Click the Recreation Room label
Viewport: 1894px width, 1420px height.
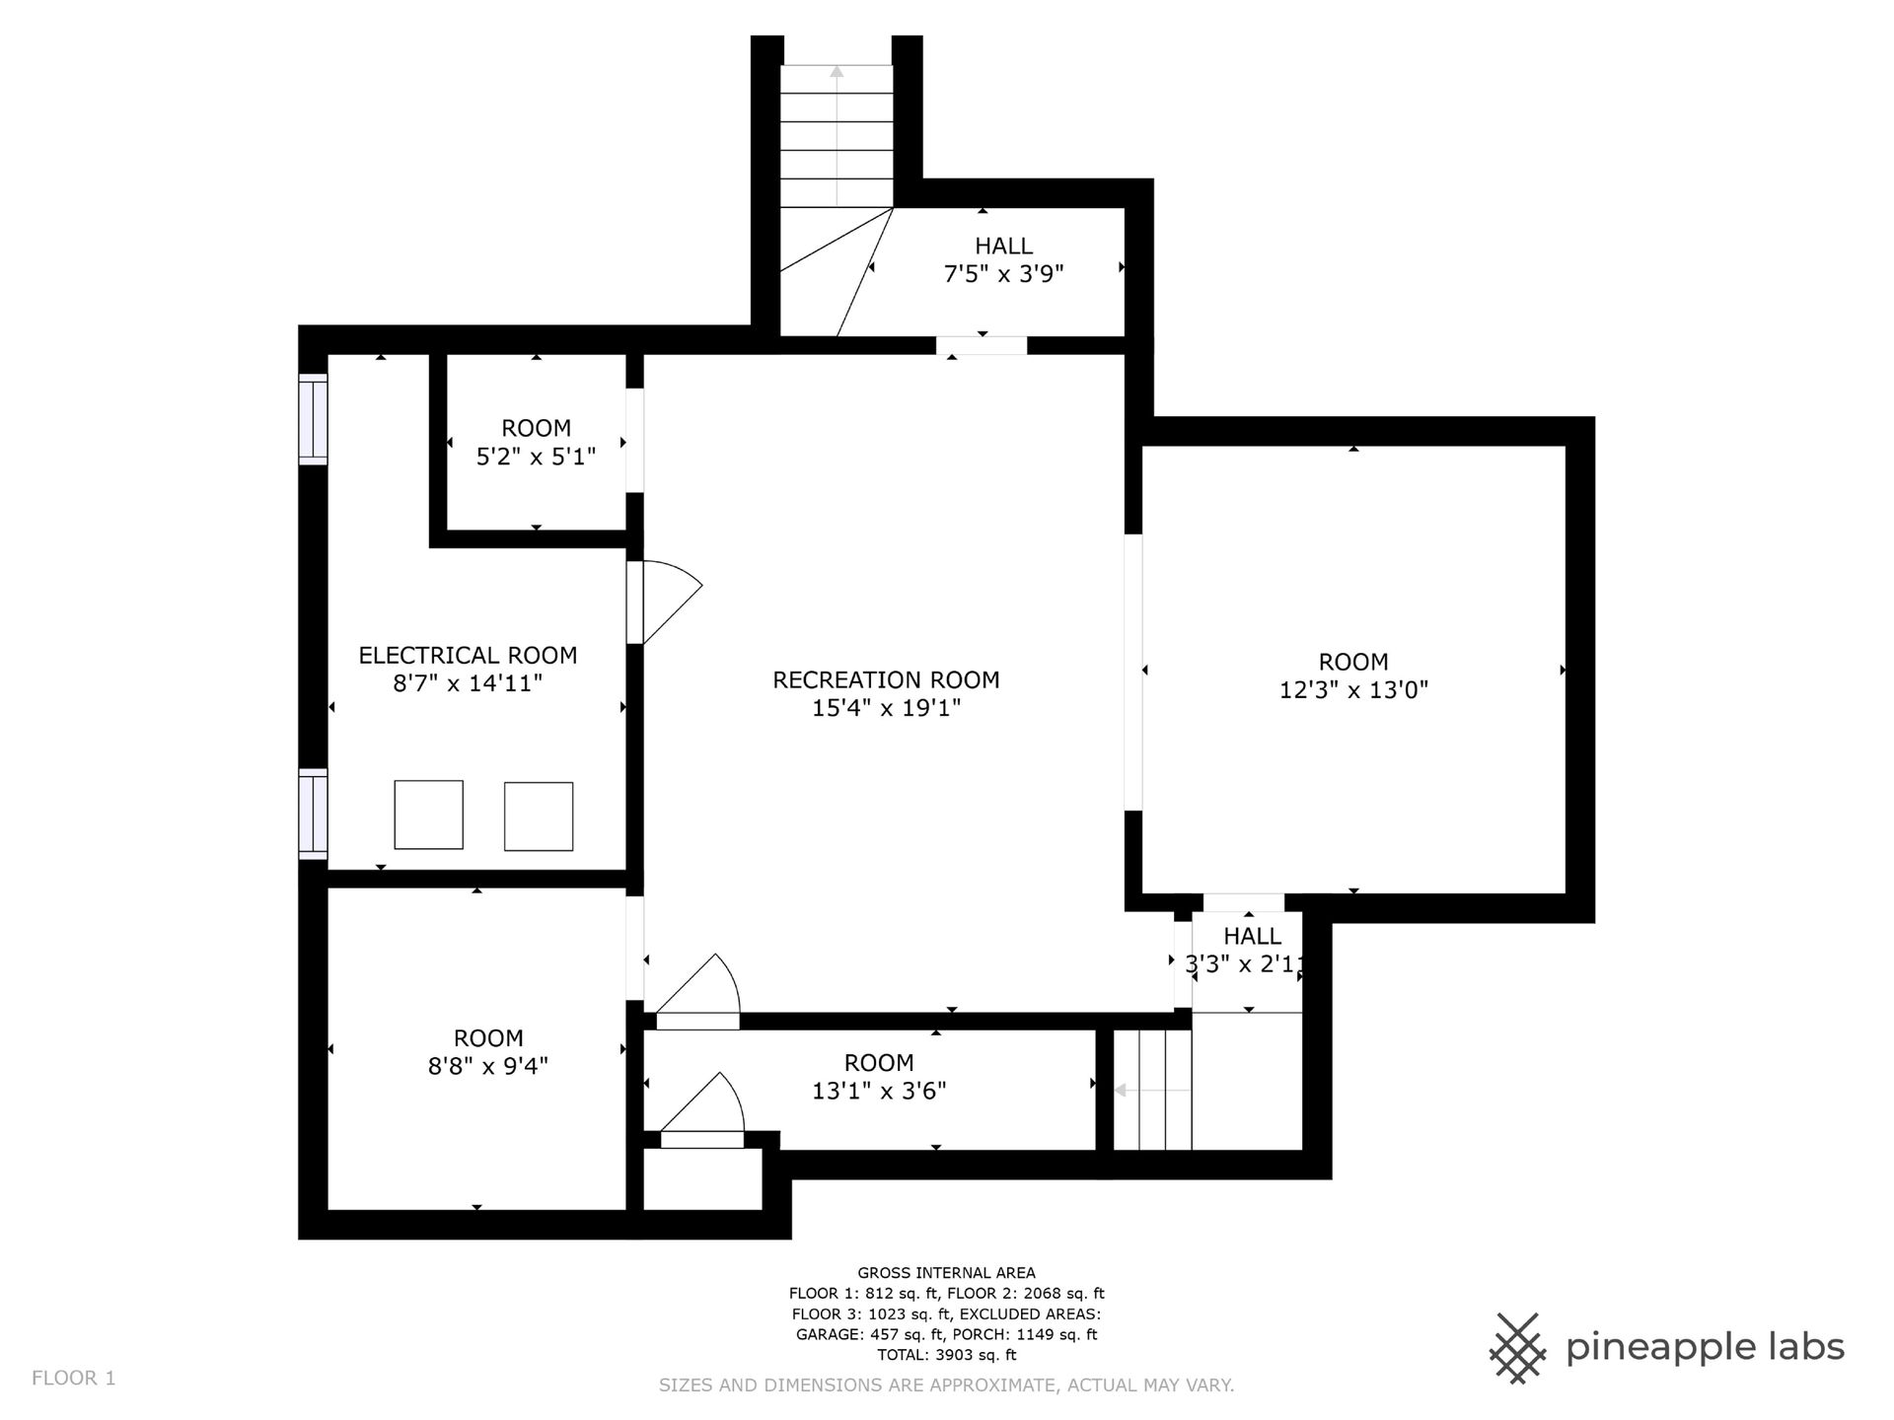tap(886, 679)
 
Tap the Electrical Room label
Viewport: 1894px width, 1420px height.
tap(468, 655)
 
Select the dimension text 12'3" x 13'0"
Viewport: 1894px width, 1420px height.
tap(1353, 689)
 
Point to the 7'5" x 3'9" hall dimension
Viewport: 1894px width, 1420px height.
tap(1003, 273)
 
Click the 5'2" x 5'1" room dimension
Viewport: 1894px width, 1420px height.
tap(536, 457)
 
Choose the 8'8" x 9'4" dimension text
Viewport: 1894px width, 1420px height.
tap(488, 1066)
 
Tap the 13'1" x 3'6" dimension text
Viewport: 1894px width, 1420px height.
tap(879, 1091)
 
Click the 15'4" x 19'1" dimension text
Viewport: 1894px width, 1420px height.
tap(886, 707)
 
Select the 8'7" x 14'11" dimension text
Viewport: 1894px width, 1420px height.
tap(468, 682)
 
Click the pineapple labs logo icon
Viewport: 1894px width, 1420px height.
tap(1519, 1348)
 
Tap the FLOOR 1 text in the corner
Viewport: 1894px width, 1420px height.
tap(74, 1378)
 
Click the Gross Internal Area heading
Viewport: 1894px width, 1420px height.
tap(946, 1273)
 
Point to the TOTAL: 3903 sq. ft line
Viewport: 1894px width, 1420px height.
tap(946, 1355)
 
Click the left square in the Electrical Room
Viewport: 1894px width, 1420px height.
tap(429, 815)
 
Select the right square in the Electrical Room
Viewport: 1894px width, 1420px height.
tap(539, 816)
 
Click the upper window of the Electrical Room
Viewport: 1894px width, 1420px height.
tap(313, 419)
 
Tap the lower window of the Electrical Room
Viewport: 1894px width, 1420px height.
tap(313, 814)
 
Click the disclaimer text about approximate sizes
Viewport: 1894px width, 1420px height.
tap(946, 1385)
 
